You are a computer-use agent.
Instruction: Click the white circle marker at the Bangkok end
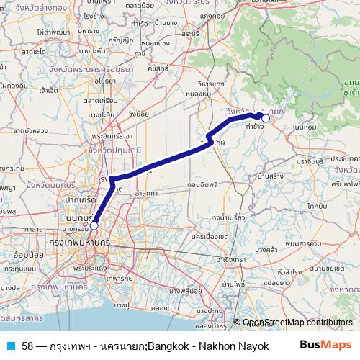coord(94,226)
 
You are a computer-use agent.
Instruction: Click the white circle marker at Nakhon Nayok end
coord(265,118)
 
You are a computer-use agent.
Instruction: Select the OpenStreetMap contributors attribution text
coord(297,323)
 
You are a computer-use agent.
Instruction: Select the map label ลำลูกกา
coord(145,194)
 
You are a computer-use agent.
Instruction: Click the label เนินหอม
coord(306,127)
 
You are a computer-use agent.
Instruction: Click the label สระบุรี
coord(191,33)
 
